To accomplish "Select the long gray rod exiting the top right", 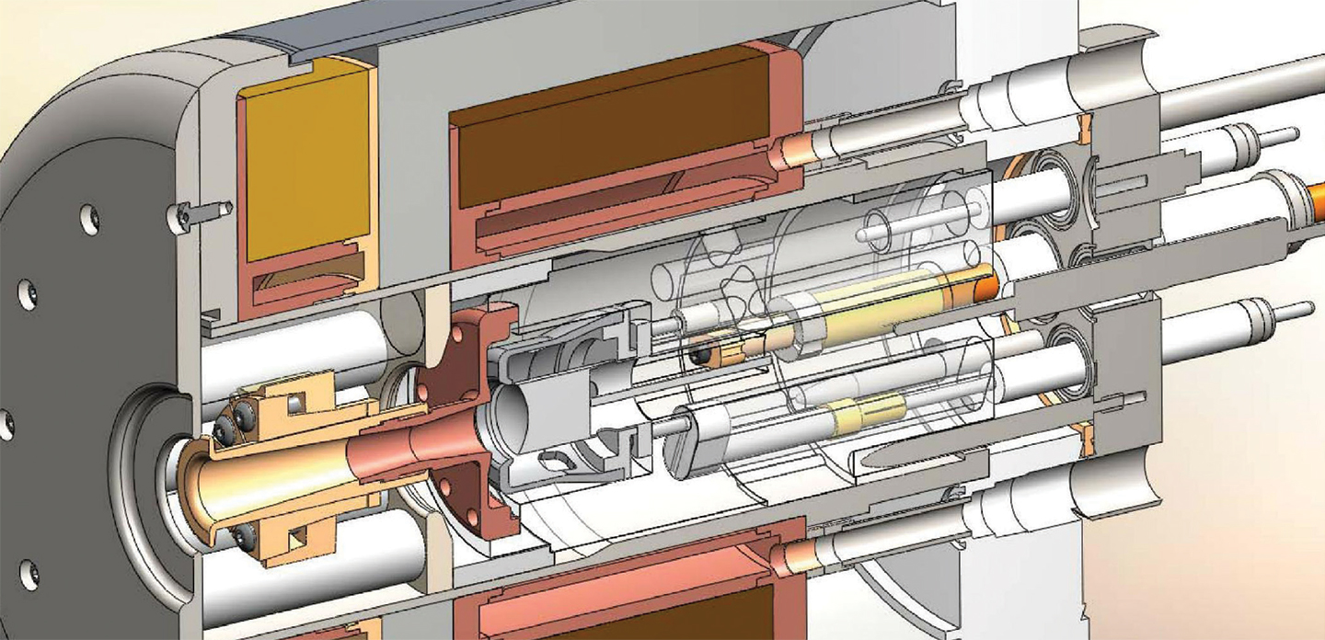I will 1242,87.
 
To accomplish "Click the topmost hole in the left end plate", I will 89,218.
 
